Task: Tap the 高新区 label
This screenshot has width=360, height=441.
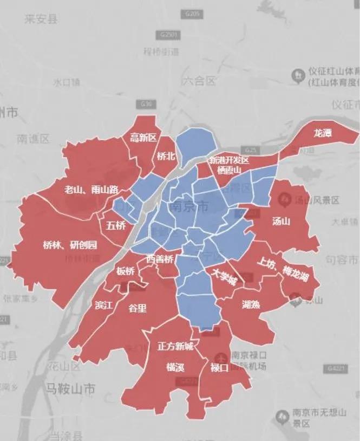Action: (x=143, y=138)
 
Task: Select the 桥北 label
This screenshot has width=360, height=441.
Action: (x=166, y=156)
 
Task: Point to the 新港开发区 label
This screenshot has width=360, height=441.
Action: (x=228, y=160)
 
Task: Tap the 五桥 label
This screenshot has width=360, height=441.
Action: (x=116, y=225)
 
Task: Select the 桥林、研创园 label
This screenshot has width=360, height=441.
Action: (x=70, y=245)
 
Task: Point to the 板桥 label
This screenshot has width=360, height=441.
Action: (x=125, y=271)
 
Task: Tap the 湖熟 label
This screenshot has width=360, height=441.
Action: (x=251, y=304)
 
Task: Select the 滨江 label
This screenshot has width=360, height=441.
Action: (x=103, y=305)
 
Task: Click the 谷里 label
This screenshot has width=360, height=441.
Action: (x=137, y=308)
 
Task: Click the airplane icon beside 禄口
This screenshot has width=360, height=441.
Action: (x=219, y=358)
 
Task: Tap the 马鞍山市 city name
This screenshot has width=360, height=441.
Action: (x=70, y=388)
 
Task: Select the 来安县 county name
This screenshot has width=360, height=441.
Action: (x=41, y=20)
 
